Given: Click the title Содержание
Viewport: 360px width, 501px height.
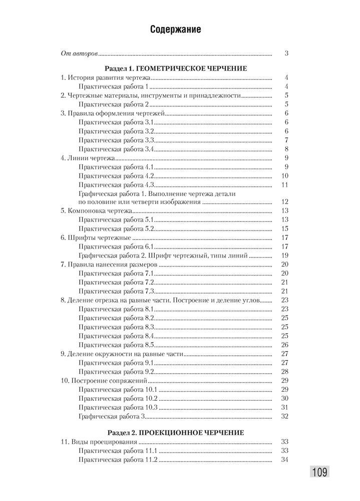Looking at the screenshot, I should coord(176,30).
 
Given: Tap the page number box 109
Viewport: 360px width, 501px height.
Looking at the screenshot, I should coord(319,471).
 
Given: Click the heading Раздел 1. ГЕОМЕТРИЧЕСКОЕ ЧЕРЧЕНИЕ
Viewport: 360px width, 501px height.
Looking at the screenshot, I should coord(176,68).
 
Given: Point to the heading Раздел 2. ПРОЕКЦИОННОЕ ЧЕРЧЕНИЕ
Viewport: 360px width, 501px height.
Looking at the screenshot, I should coord(176,432).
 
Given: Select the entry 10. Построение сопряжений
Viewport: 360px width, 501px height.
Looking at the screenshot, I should coord(104,381).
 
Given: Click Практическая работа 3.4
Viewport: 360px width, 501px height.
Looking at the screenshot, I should coord(116,149).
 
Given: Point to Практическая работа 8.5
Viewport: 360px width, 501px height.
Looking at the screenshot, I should coord(116,345).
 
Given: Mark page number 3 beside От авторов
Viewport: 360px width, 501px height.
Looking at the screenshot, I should coord(286,53).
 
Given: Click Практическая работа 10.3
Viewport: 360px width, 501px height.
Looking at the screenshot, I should coord(118,407).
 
